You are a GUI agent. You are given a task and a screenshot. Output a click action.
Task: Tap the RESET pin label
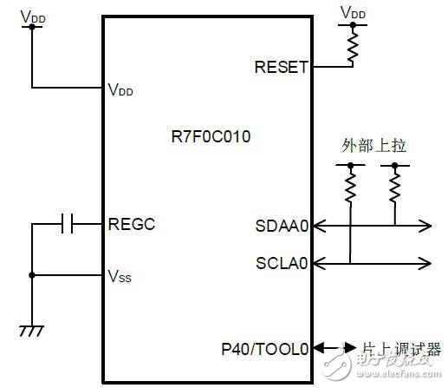[282, 66]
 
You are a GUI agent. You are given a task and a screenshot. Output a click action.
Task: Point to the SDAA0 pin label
[281, 227]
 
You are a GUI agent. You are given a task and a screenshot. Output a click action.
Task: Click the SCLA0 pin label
[281, 262]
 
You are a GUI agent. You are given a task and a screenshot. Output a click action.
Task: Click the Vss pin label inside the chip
[120, 277]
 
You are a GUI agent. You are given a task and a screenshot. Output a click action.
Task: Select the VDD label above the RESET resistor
[353, 13]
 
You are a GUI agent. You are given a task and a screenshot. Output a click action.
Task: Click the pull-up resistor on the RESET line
[353, 49]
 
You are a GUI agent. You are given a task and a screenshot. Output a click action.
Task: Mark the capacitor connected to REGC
[68, 225]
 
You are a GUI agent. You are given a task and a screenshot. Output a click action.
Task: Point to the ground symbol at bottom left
[32, 331]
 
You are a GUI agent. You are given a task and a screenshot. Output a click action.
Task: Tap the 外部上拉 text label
[373, 147]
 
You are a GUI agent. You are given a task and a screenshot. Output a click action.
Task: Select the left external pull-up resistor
[351, 185]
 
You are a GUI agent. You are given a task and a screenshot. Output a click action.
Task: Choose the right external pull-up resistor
[395, 185]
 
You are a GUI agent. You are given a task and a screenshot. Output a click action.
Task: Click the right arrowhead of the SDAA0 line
[425, 227]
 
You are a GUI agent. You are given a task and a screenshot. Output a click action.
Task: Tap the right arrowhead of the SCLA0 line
[425, 262]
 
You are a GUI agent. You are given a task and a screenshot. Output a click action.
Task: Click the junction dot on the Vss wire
[32, 277]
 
